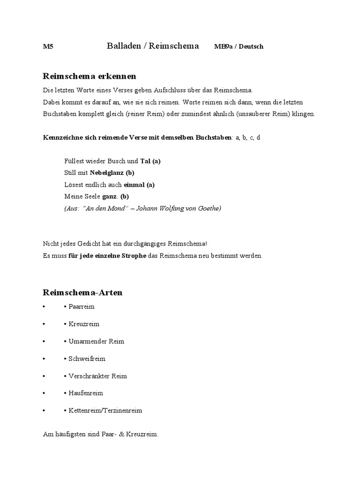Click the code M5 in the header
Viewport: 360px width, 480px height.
pos(47,46)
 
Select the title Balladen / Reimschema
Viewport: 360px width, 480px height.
pos(153,46)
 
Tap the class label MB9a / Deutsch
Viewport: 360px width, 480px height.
pos(239,46)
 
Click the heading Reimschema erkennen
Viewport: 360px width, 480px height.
pos(90,76)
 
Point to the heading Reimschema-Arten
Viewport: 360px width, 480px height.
pos(82,292)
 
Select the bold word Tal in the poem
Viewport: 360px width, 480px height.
pos(145,161)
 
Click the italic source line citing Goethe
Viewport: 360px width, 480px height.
pos(142,208)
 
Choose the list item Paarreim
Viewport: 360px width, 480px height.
pos(82,307)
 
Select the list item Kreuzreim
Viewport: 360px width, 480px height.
pos(84,324)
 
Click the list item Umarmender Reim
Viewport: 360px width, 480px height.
pos(96,341)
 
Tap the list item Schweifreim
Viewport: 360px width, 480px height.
pos(87,359)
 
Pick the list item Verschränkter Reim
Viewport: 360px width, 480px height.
pos(97,376)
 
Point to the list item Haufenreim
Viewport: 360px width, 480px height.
pos(85,393)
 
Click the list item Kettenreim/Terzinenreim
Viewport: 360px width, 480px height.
pos(105,411)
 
